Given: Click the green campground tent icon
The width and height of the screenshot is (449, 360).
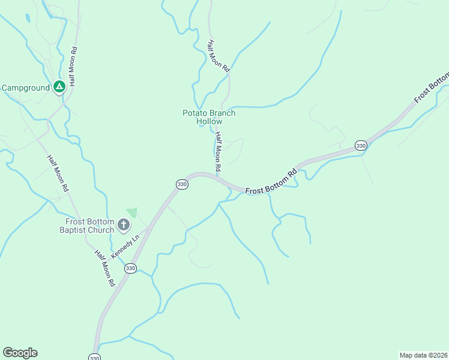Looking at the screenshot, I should pyautogui.click(x=59, y=88).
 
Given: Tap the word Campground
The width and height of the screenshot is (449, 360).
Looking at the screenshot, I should pyautogui.click(x=26, y=88).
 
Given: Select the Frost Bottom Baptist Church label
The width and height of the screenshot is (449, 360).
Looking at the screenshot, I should pyautogui.click(x=90, y=226).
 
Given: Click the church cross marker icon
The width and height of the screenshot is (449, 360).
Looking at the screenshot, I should pyautogui.click(x=124, y=226).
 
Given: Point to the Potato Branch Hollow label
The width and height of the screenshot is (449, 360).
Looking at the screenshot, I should pyautogui.click(x=209, y=117).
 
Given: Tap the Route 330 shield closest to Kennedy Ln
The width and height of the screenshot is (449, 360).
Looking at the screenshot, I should pyautogui.click(x=131, y=268).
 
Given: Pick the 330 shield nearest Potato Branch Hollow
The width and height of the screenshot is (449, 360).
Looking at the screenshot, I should pyautogui.click(x=182, y=184).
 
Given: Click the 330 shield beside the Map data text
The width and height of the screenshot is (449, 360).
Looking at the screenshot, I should pyautogui.click(x=94, y=358).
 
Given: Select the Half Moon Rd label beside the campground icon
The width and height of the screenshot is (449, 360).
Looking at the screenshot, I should pyautogui.click(x=73, y=67).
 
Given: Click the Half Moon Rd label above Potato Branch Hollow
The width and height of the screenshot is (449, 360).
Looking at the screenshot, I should pyautogui.click(x=219, y=56).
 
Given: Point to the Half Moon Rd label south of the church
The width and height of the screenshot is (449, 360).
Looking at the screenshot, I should pyautogui.click(x=104, y=268).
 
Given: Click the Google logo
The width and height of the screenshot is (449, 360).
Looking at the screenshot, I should pyautogui.click(x=20, y=353).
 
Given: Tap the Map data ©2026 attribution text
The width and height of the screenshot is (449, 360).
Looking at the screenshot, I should pyautogui.click(x=423, y=355).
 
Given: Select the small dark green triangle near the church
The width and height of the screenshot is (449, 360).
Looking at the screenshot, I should pyautogui.click(x=132, y=212).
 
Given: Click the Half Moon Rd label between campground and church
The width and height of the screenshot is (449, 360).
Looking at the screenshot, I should pyautogui.click(x=59, y=173).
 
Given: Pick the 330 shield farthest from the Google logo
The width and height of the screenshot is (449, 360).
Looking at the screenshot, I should pyautogui.click(x=360, y=146).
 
